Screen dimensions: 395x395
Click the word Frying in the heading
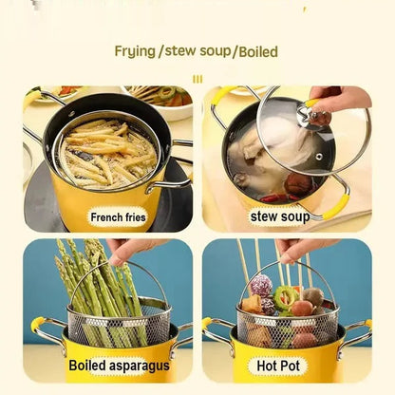tap(138, 50)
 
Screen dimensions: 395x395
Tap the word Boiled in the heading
tap(255, 50)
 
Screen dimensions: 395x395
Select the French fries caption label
tap(119, 217)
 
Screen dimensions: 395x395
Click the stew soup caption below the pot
tap(280, 217)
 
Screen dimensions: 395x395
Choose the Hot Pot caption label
tap(279, 366)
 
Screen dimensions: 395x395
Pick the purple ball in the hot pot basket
tap(261, 284)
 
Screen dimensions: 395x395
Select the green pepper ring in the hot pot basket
tap(286, 295)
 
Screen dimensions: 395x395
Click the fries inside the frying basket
tap(100, 152)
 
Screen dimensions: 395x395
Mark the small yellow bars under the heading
tap(197, 78)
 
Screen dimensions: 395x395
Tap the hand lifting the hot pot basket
tap(305, 248)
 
